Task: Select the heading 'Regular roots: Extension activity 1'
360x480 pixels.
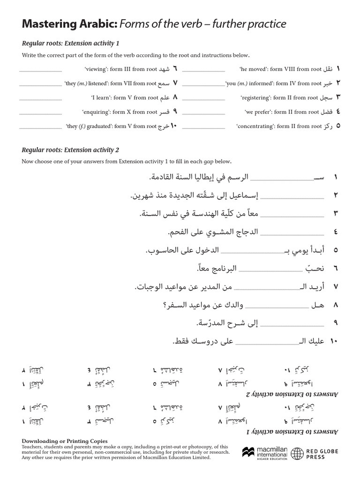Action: (71, 44)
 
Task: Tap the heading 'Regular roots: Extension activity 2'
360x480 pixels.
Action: (71, 150)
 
